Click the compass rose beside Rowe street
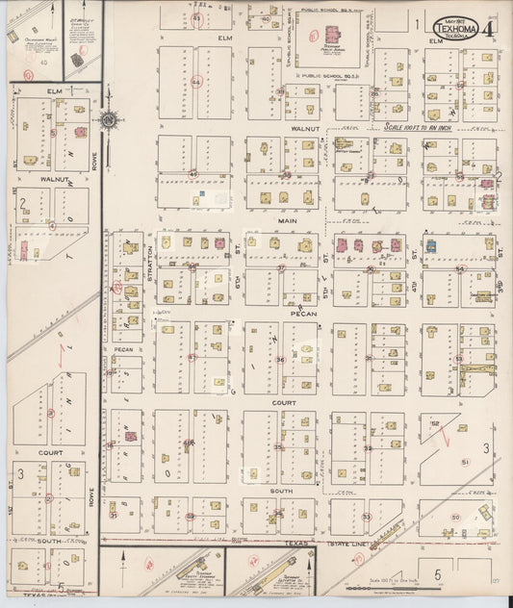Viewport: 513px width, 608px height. tap(108, 120)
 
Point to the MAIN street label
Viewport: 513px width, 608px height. tap(287, 220)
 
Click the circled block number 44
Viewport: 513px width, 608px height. tap(196, 83)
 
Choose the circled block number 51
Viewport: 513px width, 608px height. tap(466, 463)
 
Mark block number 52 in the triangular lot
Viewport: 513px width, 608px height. tap(435, 423)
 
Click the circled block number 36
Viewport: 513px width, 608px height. tap(280, 360)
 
